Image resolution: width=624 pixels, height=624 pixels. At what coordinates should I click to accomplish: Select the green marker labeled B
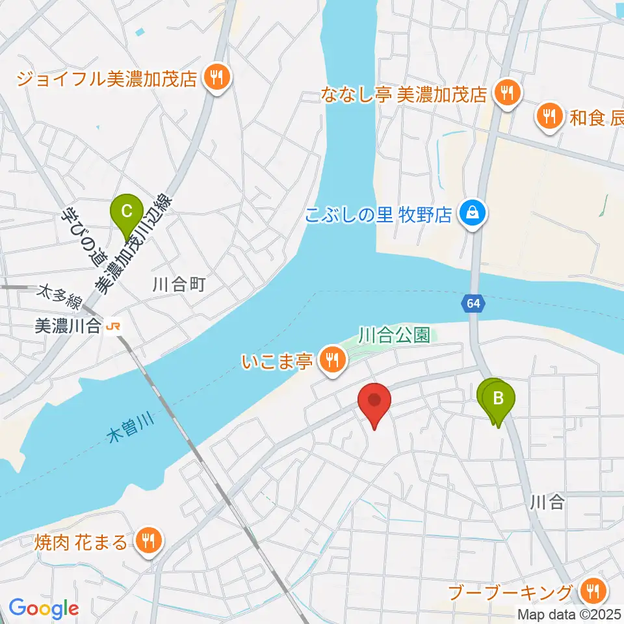click(499, 398)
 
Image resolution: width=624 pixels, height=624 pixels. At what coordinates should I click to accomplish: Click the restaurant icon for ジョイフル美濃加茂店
click(215, 79)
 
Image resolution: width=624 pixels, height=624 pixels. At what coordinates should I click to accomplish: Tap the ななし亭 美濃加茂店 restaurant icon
click(506, 93)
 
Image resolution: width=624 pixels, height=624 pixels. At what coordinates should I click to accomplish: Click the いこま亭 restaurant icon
click(332, 357)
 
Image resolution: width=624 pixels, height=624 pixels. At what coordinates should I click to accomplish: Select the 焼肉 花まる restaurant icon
click(148, 539)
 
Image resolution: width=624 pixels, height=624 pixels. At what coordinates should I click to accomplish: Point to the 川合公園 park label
click(394, 335)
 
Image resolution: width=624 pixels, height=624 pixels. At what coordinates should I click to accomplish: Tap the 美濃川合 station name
click(68, 326)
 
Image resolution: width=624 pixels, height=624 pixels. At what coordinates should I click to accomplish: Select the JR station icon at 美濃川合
click(113, 326)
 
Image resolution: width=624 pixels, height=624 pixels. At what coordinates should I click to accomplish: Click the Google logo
click(44, 608)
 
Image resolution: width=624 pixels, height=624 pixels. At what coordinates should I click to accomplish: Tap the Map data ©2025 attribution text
click(569, 613)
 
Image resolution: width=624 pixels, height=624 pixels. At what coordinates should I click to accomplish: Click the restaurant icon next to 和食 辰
click(549, 116)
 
